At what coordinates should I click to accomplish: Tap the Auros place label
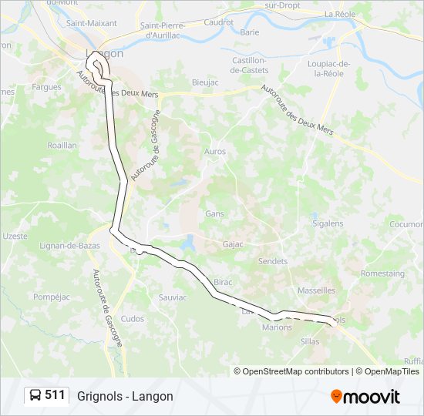(x=215, y=152)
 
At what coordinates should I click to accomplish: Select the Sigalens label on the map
(x=328, y=223)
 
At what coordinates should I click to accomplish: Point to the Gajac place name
(x=232, y=244)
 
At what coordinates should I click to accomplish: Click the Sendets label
(x=273, y=262)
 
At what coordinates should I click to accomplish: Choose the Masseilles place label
(x=316, y=290)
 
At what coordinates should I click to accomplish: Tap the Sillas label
(x=310, y=341)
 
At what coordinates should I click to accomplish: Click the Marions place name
(x=278, y=327)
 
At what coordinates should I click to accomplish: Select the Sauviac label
(x=172, y=297)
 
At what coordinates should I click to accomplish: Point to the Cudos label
(x=133, y=319)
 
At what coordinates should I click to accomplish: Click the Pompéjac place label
(x=52, y=297)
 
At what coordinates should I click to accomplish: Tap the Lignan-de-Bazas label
(x=65, y=246)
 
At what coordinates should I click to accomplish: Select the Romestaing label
(x=382, y=273)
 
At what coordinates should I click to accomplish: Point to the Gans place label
(x=214, y=213)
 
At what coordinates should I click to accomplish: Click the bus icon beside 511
(x=36, y=396)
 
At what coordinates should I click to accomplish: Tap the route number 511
(x=55, y=395)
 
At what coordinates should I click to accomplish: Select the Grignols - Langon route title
(x=125, y=396)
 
